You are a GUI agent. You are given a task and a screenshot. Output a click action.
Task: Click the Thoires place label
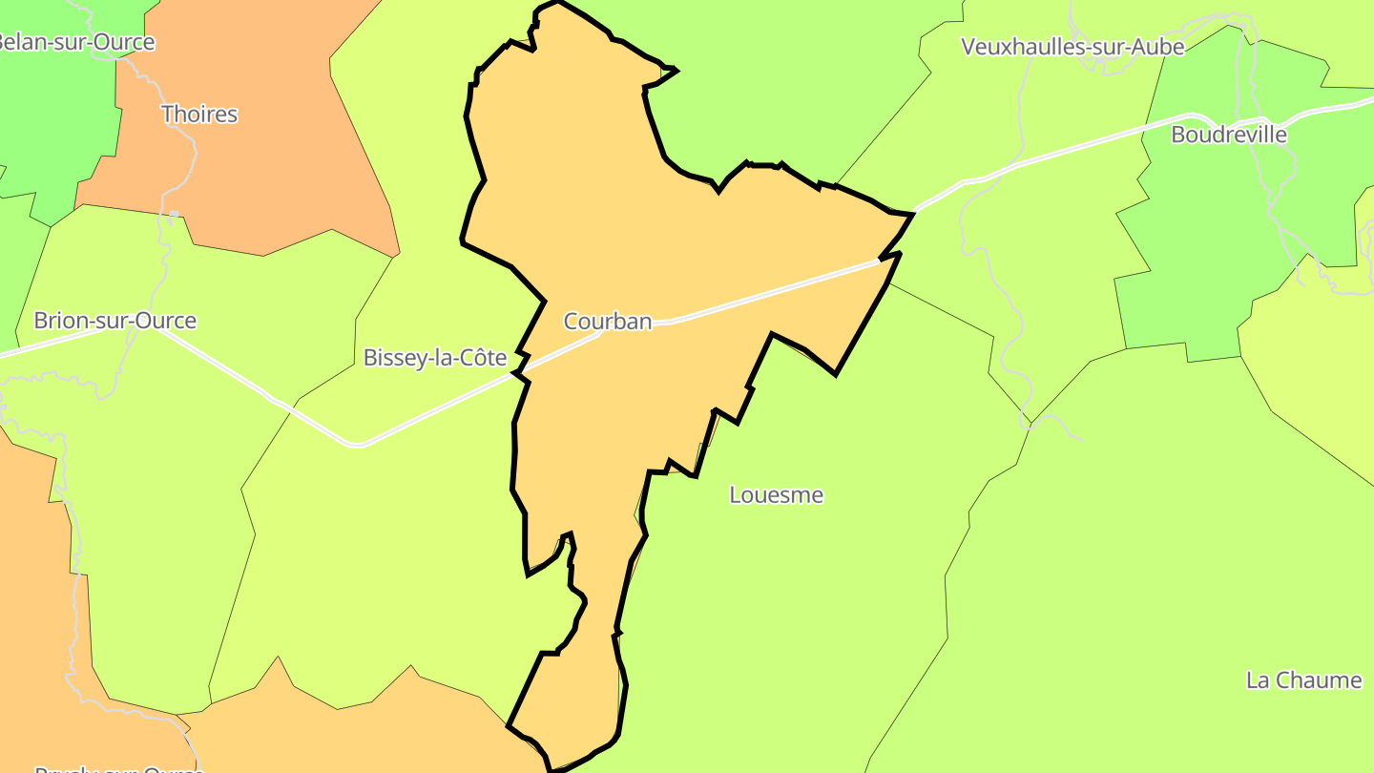coord(199,115)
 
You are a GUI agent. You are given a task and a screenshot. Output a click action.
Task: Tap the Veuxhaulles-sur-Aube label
coord(1072,47)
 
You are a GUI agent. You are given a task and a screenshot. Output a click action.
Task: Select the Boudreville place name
coord(1228,135)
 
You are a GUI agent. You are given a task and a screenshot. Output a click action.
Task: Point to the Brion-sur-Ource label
coord(114,321)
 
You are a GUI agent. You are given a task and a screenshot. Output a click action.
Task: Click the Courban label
coord(608,322)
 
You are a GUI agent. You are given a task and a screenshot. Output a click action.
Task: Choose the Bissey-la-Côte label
coord(435,358)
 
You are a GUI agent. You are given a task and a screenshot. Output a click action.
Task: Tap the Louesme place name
coord(776,495)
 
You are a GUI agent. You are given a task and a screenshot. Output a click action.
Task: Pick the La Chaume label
coord(1303,680)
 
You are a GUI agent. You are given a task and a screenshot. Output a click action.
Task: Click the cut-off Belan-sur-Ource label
coord(76,42)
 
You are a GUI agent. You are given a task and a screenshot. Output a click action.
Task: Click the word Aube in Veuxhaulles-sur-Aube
coord(1158,47)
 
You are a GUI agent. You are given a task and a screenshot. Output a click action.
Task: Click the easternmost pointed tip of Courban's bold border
coord(913,215)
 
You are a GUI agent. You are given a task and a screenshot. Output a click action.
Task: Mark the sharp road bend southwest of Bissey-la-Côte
coord(356,445)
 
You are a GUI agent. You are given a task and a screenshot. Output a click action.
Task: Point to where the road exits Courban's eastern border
coord(879,260)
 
